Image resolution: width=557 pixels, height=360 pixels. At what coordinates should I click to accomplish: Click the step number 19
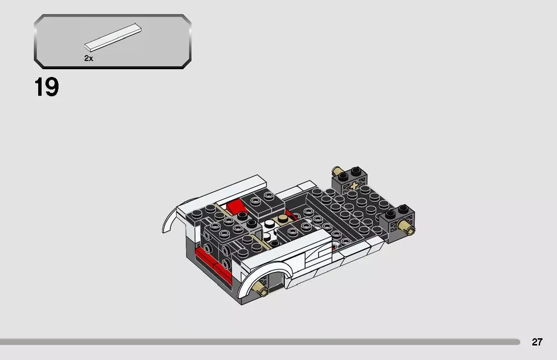pyautogui.click(x=46, y=88)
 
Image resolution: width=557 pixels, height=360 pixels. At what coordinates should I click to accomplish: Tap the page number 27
pyautogui.click(x=537, y=342)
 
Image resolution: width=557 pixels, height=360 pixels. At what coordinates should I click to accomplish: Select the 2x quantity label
pyautogui.click(x=88, y=58)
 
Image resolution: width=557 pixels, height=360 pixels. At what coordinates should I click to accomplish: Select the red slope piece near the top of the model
pyautogui.click(x=235, y=208)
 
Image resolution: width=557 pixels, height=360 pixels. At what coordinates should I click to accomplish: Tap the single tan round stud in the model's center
pyautogui.click(x=279, y=221)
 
